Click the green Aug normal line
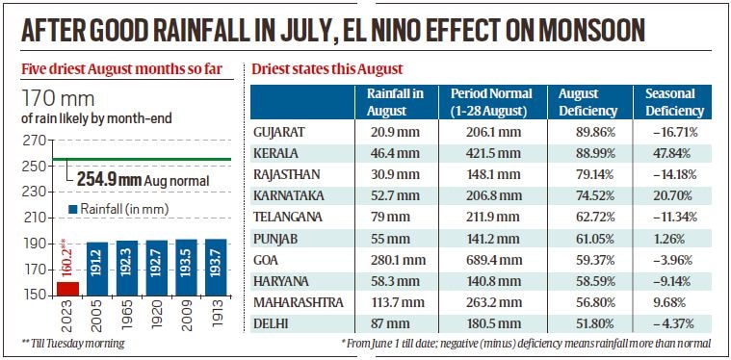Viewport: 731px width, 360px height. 144,159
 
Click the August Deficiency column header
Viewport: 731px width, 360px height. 587,101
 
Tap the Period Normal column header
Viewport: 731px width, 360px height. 491,101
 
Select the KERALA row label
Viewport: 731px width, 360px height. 275,153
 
